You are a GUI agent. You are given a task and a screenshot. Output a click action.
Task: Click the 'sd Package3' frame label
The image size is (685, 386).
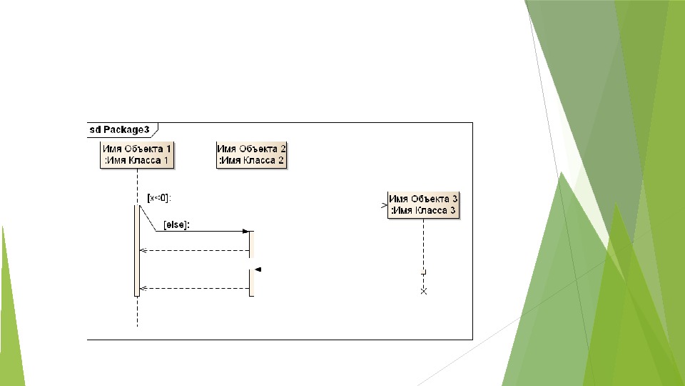click(120, 130)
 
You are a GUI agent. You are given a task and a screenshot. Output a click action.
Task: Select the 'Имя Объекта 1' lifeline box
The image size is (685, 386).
click(137, 154)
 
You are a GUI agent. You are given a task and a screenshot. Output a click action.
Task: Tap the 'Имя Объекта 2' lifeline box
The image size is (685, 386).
click(251, 154)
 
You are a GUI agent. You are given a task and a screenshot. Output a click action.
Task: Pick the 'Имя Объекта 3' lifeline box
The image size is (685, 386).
click(423, 204)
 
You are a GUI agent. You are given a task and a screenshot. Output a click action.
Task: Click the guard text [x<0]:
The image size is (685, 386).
click(159, 197)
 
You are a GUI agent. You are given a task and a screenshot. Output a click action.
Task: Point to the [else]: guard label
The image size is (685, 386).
click(176, 224)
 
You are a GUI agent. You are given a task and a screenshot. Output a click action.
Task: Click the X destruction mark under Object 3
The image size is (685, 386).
click(423, 291)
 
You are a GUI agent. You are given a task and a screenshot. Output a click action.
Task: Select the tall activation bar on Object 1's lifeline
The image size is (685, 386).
click(136, 250)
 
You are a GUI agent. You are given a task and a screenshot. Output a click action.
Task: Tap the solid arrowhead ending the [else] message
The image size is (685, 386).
click(245, 232)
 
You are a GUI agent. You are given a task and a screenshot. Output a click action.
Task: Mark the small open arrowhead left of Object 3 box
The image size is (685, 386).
click(385, 205)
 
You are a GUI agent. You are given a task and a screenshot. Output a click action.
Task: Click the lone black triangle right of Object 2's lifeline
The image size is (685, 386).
click(258, 269)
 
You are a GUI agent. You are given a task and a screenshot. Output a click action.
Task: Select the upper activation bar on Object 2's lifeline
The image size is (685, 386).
click(251, 244)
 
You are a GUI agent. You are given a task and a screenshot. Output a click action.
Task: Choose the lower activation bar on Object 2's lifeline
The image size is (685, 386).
click(251, 282)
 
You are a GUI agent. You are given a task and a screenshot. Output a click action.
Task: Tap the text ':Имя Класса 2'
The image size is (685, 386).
click(251, 161)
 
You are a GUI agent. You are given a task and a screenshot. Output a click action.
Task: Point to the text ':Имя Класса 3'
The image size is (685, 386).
click(423, 211)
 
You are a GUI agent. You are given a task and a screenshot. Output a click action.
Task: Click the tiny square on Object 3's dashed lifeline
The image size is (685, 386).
click(423, 272)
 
